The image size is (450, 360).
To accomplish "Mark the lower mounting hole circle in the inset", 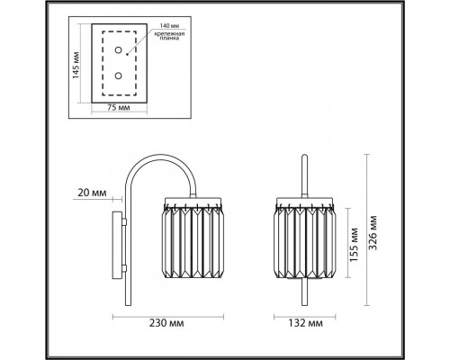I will click(x=115, y=77).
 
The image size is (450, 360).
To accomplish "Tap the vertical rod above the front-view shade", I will click(x=305, y=175).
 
